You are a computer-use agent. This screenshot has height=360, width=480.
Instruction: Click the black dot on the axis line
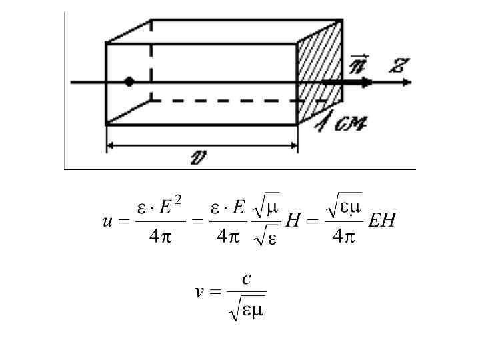[129, 82]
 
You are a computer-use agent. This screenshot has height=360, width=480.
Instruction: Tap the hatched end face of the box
[319, 73]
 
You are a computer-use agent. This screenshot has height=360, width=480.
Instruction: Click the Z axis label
[399, 66]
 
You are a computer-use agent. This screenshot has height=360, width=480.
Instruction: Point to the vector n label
[358, 65]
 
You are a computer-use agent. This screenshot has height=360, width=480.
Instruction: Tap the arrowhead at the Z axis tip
[406, 83]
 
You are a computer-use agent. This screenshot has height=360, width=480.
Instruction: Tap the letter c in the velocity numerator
[246, 279]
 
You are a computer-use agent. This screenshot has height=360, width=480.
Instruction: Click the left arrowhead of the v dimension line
[111, 145]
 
